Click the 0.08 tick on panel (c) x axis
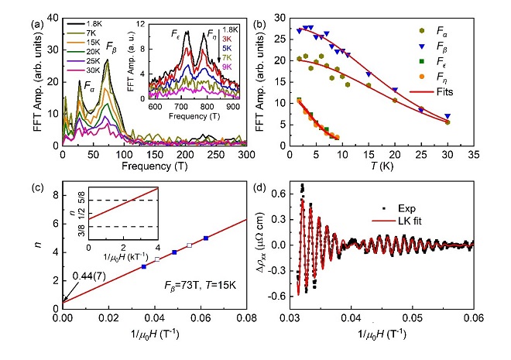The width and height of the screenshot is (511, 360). [x=247, y=317]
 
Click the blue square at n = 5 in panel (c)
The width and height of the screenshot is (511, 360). [x=206, y=238]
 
